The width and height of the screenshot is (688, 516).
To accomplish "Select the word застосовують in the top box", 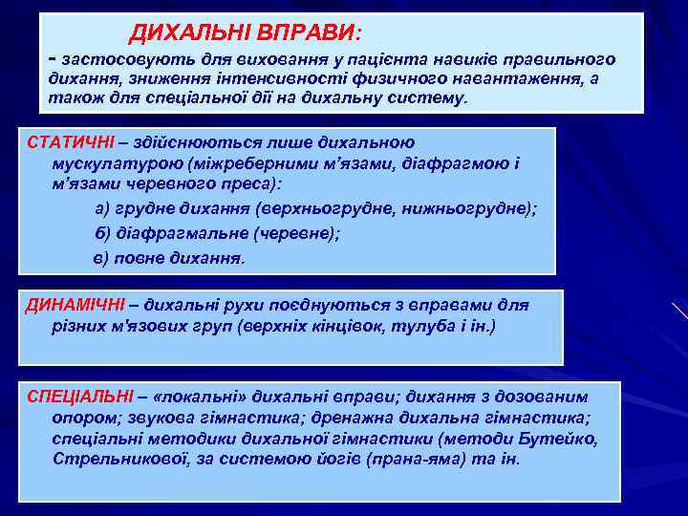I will pyautogui.click(x=115, y=59).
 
